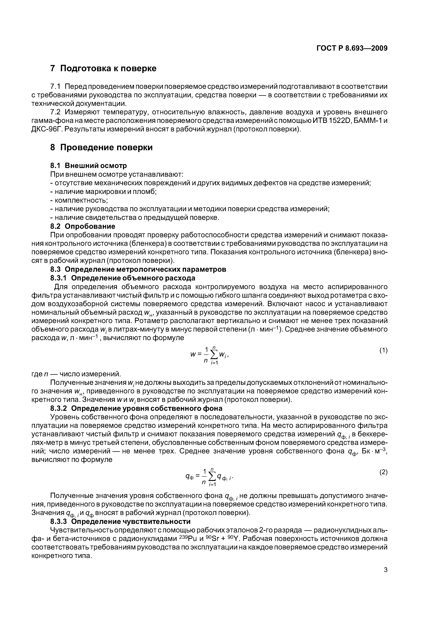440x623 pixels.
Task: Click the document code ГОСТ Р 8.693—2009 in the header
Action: (x=352, y=48)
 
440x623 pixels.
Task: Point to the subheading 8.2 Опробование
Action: (x=83, y=226)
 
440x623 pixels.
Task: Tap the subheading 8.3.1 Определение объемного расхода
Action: (x=123, y=278)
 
